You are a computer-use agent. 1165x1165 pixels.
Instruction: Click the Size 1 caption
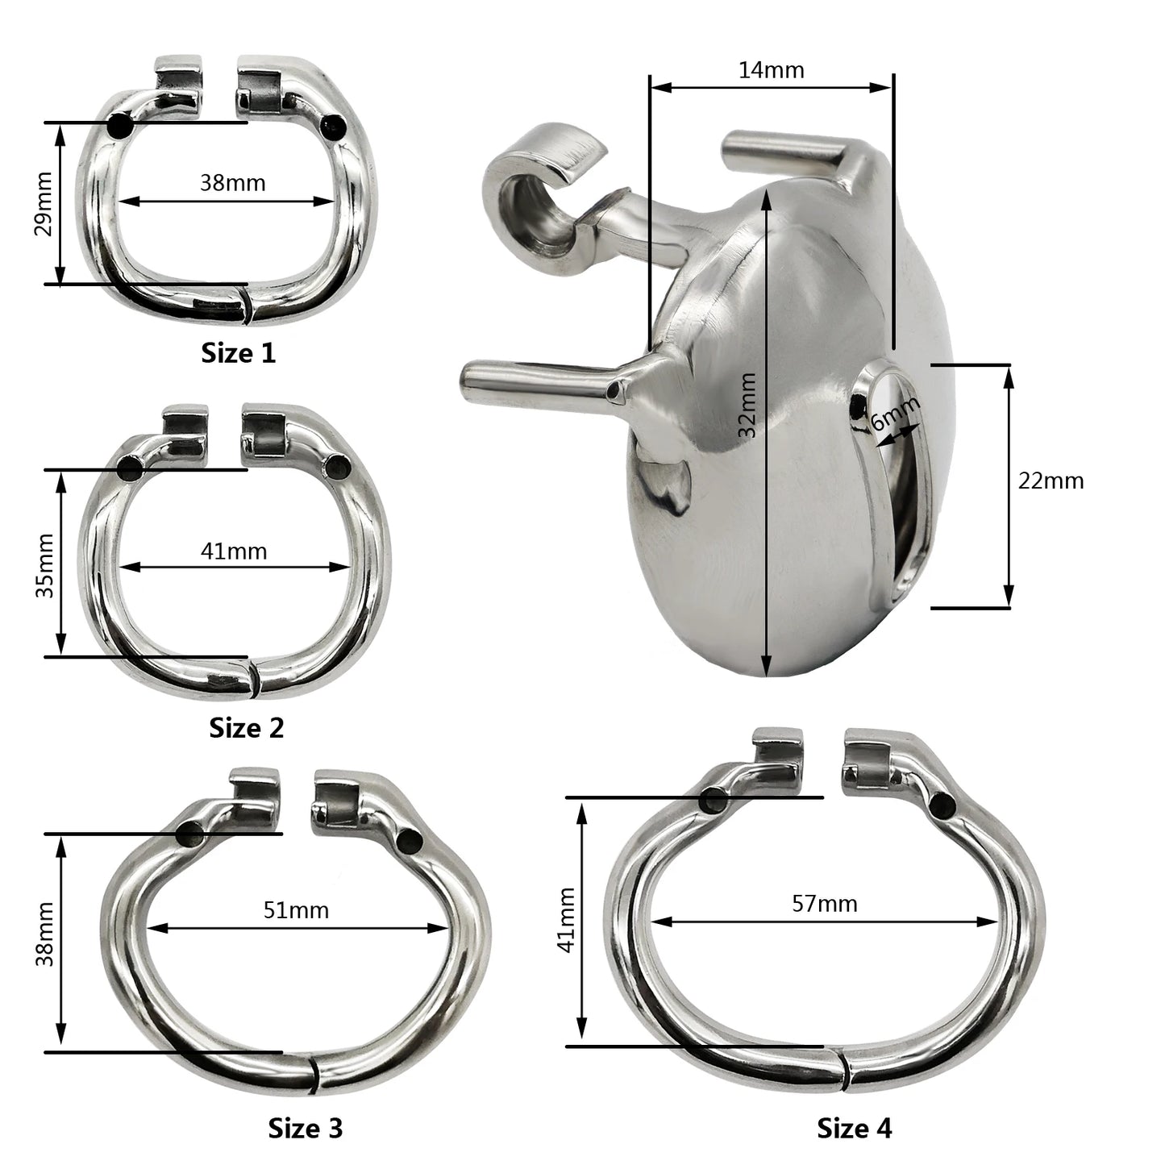(x=238, y=353)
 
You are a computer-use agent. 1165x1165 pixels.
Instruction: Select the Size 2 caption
(x=246, y=728)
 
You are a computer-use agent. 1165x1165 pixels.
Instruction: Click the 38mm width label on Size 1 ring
(x=233, y=182)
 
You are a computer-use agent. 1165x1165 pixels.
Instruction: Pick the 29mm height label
(x=44, y=204)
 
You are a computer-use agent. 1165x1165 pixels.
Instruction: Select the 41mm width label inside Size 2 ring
(x=233, y=551)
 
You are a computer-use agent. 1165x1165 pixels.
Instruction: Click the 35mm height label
(x=45, y=566)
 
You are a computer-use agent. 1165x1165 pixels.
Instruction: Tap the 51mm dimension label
(x=296, y=910)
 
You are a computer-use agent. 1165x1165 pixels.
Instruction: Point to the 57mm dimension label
(x=825, y=904)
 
